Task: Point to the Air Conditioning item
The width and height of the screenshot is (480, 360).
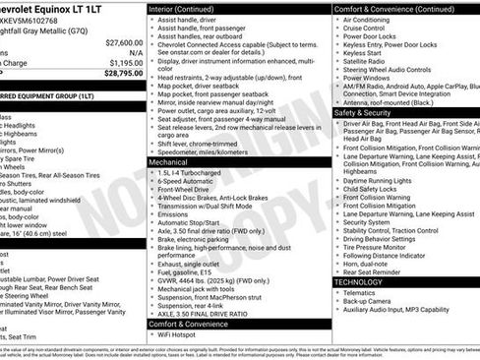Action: point(368,20)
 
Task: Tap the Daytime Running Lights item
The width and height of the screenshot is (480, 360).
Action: point(379,180)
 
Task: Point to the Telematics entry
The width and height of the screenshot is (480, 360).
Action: point(361,293)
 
